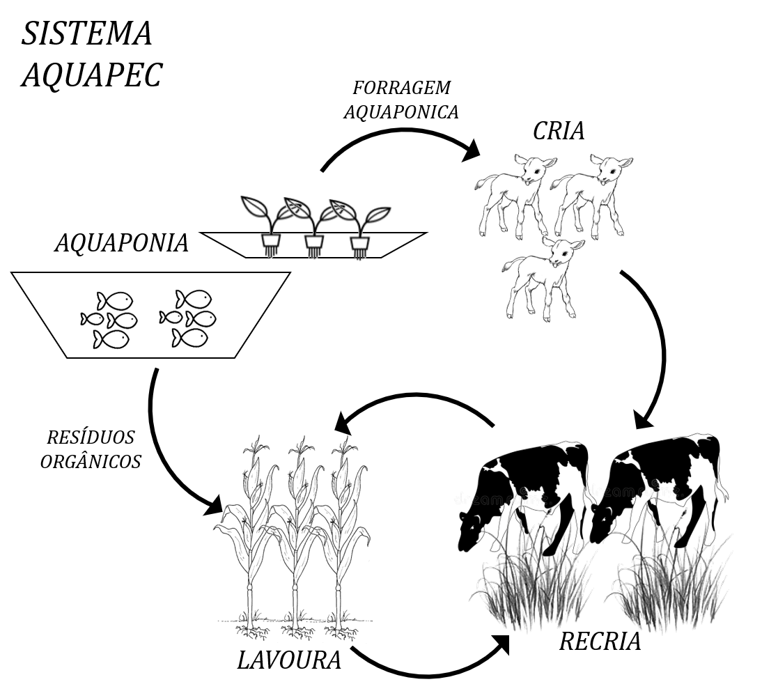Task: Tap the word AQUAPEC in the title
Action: pos(92,75)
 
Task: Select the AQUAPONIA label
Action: pos(121,242)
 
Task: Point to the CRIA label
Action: pos(559,131)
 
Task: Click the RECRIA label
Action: pos(600,641)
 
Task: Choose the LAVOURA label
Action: pos(289,660)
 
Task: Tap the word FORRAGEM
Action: pos(401,88)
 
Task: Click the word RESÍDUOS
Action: pos(91,437)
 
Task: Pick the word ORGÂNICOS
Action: pos(91,461)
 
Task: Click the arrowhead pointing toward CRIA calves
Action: pos(470,150)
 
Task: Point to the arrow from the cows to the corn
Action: pos(413,396)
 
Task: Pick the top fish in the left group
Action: pos(115,301)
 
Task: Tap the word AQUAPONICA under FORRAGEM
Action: pos(401,112)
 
